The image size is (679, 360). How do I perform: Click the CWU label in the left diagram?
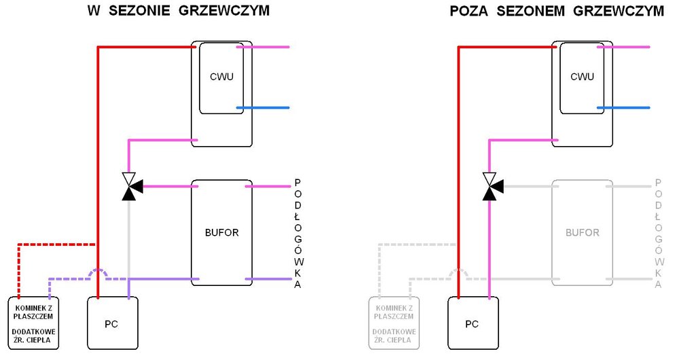point(221,77)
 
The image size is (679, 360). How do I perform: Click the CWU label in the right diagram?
point(582,77)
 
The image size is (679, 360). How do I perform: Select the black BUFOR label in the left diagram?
point(221,232)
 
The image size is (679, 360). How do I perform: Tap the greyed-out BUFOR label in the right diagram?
point(582,232)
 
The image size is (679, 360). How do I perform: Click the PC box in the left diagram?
point(111,323)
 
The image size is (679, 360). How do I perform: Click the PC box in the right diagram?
point(472,323)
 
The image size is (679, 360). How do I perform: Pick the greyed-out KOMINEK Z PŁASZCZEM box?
point(393,323)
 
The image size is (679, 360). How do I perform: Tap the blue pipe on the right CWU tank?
point(624,108)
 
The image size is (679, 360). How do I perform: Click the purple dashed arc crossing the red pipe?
point(99,271)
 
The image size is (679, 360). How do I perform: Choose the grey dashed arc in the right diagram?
point(460,271)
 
